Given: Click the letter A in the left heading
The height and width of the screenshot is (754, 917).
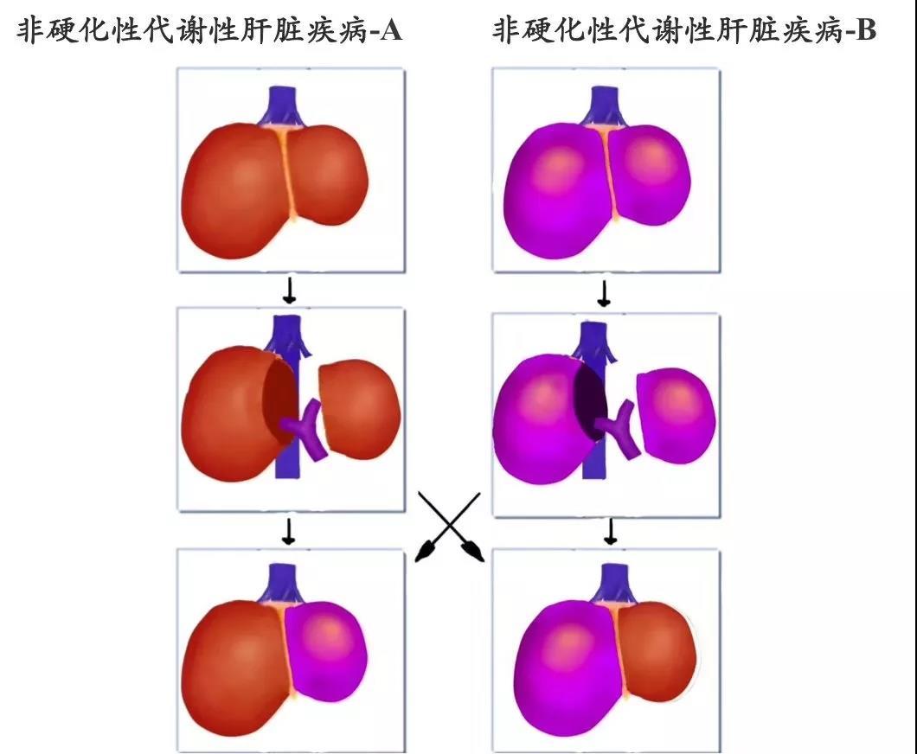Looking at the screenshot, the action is point(390,29).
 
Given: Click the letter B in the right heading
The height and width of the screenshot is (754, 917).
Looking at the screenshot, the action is point(866,29).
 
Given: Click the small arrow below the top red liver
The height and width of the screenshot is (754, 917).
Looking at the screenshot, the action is point(289,291).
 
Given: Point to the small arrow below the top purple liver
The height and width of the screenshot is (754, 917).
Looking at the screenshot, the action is point(604,293).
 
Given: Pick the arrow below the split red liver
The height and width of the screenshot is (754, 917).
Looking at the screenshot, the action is point(288,531).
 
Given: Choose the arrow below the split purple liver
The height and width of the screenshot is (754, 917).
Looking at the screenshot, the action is point(611,531).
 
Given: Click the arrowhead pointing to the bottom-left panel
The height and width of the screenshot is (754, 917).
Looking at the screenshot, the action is point(425,552).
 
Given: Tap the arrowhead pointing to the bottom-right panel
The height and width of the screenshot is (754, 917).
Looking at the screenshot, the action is point(473,552).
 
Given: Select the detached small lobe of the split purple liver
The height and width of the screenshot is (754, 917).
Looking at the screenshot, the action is point(676,415).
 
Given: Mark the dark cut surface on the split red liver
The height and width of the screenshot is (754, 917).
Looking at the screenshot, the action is point(279,396).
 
